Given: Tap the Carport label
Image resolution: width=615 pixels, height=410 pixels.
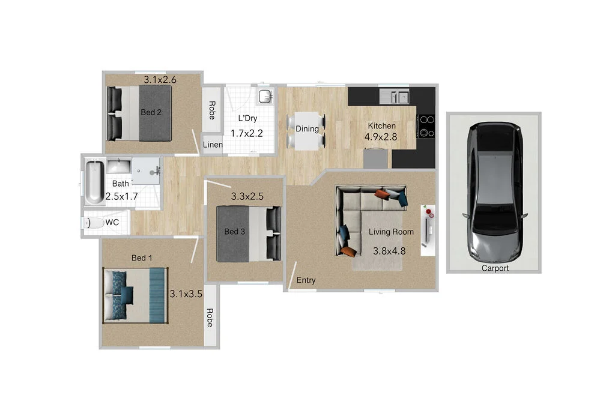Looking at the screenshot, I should (495, 268).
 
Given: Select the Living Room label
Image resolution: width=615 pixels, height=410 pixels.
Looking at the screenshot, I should (391, 232).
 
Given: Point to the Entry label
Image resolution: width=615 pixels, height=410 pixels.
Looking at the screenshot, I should (306, 280).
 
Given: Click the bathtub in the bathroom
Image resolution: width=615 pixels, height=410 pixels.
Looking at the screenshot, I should (94, 182).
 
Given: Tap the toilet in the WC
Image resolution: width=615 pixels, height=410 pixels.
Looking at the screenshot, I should (93, 223).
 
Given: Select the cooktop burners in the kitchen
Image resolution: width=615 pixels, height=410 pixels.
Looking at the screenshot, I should (426, 126).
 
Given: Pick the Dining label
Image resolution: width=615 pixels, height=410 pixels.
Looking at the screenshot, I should (307, 128).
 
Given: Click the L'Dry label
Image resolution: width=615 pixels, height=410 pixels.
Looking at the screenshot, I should (247, 118).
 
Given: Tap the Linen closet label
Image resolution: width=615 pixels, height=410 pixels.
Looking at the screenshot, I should (213, 145).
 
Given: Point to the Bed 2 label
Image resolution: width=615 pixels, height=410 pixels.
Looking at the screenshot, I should (151, 112).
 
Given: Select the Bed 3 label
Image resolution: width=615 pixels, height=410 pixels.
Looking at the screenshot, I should (234, 232).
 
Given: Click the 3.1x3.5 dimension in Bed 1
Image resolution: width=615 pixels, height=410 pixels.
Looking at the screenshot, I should (186, 294).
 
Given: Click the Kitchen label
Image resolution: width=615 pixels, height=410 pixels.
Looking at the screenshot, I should (381, 125).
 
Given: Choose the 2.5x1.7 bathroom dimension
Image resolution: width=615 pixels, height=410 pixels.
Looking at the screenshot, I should (122, 196).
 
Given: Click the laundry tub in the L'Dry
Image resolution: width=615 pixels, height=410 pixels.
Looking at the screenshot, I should (265, 96).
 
